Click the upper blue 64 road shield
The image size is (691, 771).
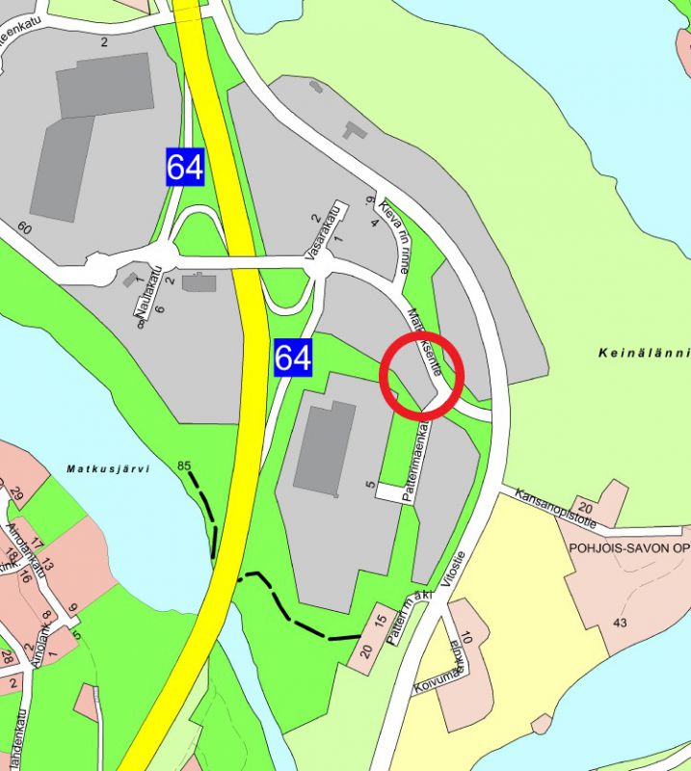pyautogui.click(x=185, y=167)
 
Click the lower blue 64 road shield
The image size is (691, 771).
pyautogui.click(x=293, y=358)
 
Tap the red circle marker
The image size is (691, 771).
pyautogui.click(x=422, y=375)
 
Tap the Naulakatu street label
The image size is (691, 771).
pyautogui.click(x=141, y=299)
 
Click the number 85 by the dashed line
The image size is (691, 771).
pyautogui.click(x=185, y=466)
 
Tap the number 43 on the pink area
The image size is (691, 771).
pyautogui.click(x=620, y=623)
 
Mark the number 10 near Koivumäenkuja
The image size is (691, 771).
pyautogui.click(x=466, y=637)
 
